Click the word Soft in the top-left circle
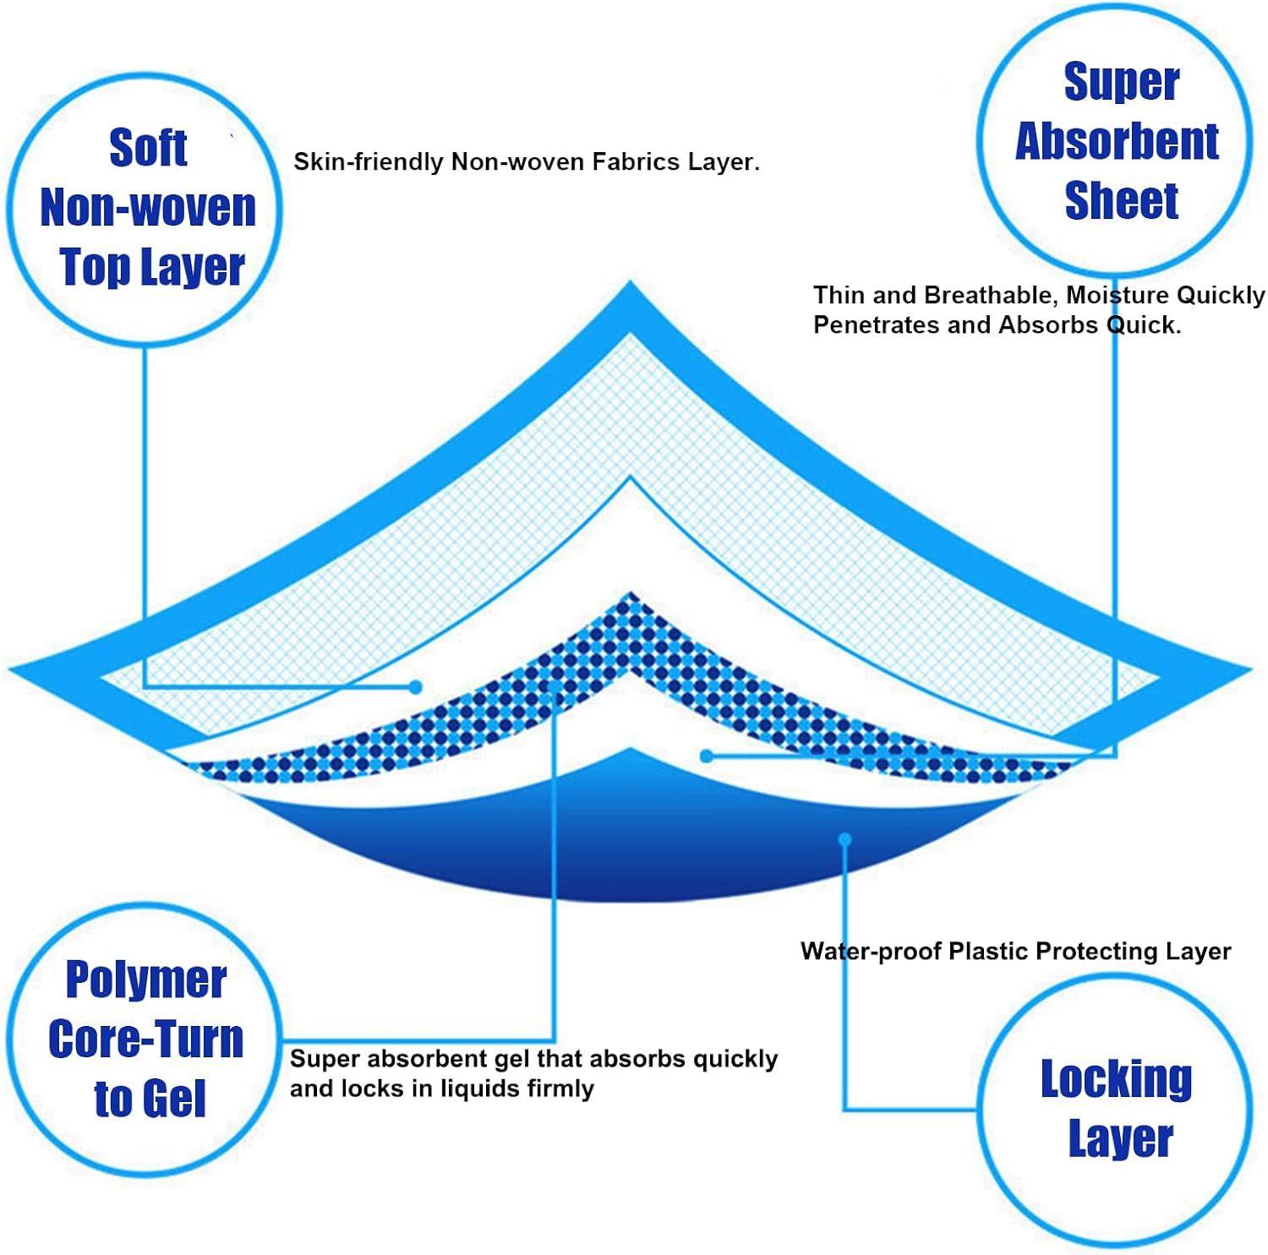click(148, 149)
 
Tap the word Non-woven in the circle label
click(148, 208)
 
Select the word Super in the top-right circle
click(1121, 82)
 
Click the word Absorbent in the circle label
click(1117, 141)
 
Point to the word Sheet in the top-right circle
click(1121, 201)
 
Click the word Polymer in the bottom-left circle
click(146, 980)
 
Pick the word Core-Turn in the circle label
click(146, 1039)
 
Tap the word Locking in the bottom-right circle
click(1116, 1079)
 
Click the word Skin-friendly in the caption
click(369, 162)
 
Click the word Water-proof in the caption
click(871, 952)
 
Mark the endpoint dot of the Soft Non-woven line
click(415, 687)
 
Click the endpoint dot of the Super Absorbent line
click(707, 756)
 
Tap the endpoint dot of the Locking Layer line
click(844, 839)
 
